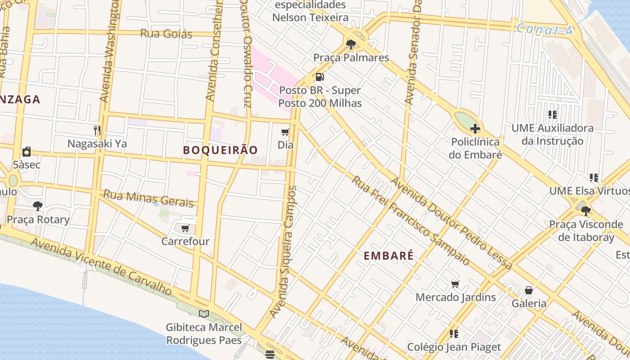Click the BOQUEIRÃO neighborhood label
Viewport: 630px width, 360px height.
[220, 150]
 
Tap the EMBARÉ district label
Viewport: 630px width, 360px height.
[388, 256]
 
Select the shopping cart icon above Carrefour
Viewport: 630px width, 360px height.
[185, 229]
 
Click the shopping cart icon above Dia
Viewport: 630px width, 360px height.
[285, 132]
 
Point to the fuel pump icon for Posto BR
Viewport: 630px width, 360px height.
[319, 77]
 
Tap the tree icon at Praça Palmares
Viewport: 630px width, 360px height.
[351, 44]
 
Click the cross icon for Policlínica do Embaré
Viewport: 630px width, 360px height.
[475, 129]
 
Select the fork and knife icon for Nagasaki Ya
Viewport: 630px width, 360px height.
[97, 130]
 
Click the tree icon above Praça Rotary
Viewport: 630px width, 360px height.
[38, 206]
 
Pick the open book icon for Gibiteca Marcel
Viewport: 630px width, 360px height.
[204, 314]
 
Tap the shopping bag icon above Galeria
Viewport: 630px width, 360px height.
[529, 290]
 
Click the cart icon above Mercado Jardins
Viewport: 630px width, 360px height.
[455, 284]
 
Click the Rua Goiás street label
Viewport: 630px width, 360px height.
[166, 34]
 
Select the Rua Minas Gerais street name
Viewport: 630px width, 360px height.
[148, 198]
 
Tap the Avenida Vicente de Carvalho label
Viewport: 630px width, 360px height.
[101, 267]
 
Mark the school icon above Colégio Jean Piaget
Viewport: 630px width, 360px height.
[454, 333]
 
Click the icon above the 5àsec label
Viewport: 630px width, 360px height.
[27, 152]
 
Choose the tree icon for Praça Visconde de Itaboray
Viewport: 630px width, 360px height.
[585, 211]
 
